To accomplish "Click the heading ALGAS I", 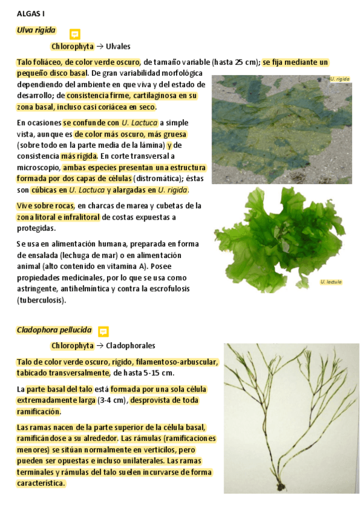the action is coord(29,13).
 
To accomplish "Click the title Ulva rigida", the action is coord(36,30).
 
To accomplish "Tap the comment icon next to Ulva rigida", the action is coord(75,34).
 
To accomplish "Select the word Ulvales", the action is coord(118,46).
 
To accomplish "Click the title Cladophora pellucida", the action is coord(54,330).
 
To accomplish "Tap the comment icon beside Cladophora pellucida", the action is coord(103,331).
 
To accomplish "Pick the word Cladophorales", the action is coord(130,346).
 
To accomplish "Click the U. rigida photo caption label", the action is coord(340,79).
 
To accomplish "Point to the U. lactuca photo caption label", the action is coord(331,281).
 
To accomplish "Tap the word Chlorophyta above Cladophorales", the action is coord(72,346).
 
